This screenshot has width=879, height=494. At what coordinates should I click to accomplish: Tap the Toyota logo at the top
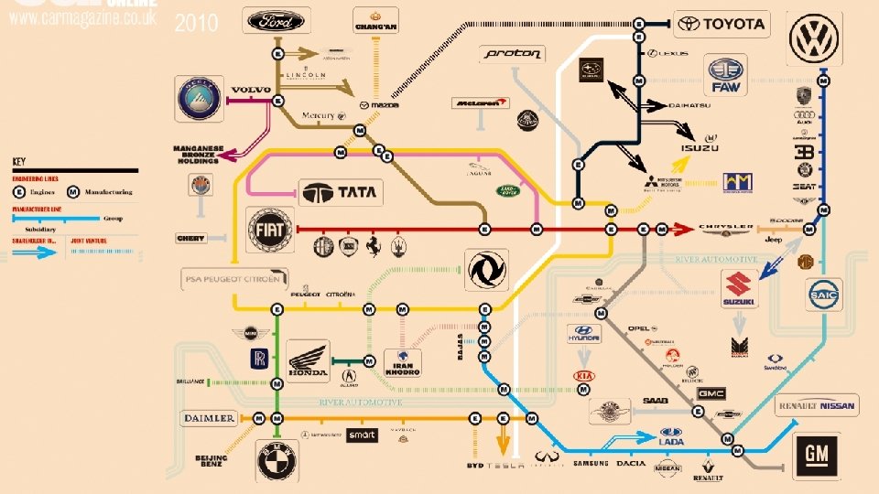[x=722, y=25]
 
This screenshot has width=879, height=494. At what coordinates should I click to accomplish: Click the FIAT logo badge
[x=270, y=231]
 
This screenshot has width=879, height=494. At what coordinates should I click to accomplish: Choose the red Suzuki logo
[x=739, y=289]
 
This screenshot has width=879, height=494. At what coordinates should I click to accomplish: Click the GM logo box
[x=818, y=455]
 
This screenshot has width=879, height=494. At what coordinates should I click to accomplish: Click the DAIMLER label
[x=209, y=418]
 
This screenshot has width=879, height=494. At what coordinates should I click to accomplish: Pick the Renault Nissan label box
[x=816, y=406]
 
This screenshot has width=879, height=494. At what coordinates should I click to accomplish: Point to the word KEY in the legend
[x=19, y=161]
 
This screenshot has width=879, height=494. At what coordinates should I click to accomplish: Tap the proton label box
[x=513, y=55]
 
